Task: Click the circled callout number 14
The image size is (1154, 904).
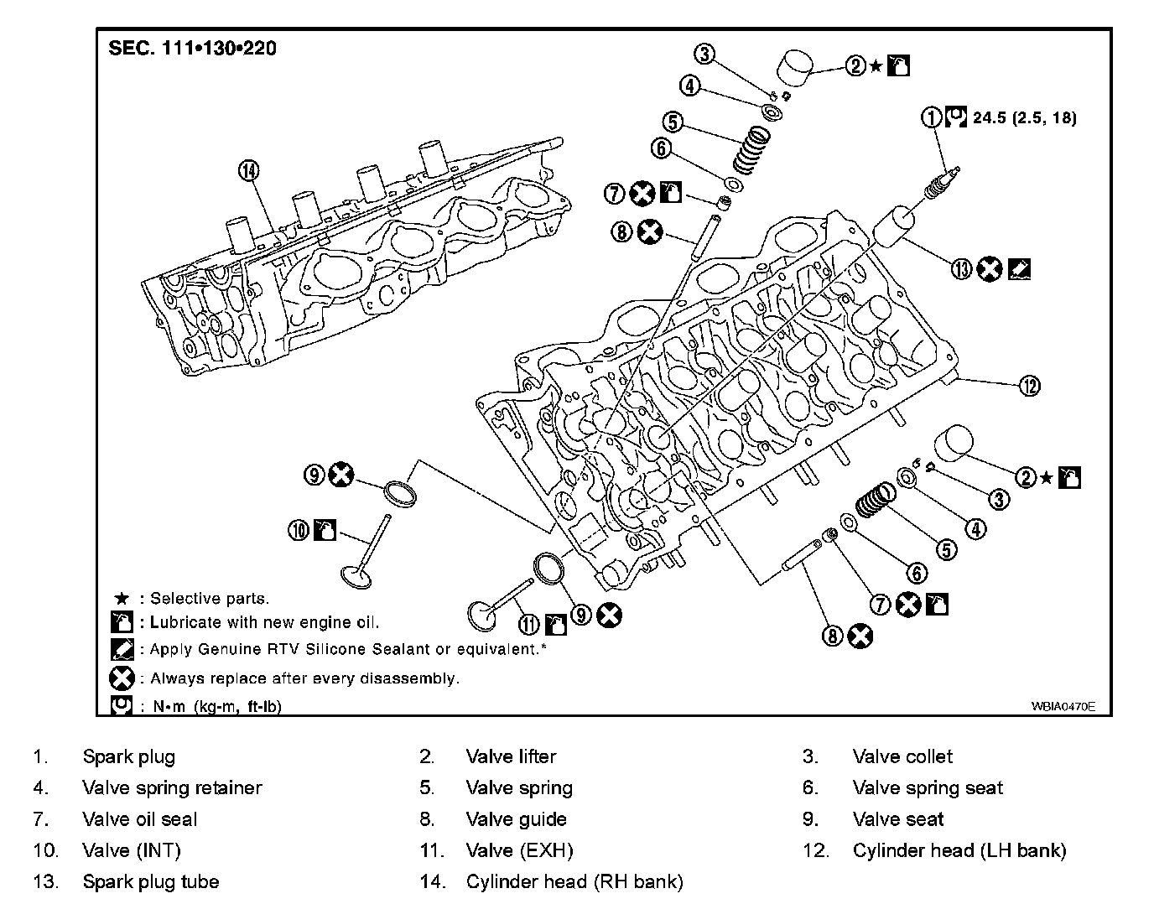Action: [x=249, y=171]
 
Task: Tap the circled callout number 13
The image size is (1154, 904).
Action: [x=961, y=269]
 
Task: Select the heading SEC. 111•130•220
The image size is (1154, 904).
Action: [x=192, y=48]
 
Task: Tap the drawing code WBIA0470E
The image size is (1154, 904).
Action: [x=1063, y=706]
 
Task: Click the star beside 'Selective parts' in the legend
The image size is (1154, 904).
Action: [x=122, y=599]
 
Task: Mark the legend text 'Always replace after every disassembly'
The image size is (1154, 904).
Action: [x=304, y=678]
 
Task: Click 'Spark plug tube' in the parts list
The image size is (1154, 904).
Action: [x=150, y=881]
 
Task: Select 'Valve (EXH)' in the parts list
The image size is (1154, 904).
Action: [x=519, y=850]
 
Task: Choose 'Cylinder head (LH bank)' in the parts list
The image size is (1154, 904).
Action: [x=959, y=850]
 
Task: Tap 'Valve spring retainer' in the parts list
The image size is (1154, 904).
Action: [x=172, y=787]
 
